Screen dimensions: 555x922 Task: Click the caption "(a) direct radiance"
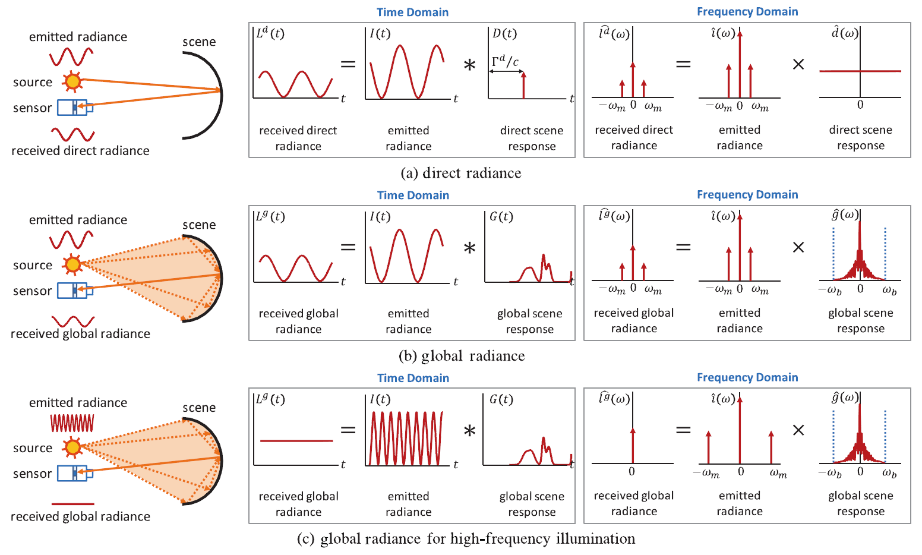tap(461, 173)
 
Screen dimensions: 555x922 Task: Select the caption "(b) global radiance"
tap(462, 356)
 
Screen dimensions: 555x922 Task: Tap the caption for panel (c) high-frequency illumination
tap(466, 539)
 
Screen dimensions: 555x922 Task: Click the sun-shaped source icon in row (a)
tap(72, 81)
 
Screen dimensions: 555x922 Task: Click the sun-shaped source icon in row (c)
tap(72, 447)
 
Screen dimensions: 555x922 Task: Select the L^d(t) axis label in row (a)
tap(270, 33)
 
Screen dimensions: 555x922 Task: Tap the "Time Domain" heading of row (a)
tap(412, 12)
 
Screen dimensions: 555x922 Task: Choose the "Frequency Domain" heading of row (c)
tap(747, 377)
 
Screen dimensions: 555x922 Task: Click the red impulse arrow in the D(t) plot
tap(523, 84)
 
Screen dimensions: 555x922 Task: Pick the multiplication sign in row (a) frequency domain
tap(798, 64)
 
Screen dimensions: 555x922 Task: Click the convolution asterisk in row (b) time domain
tap(469, 248)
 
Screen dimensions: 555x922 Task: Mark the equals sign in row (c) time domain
tap(348, 430)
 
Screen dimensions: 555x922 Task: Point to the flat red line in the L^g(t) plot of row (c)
tap(296, 441)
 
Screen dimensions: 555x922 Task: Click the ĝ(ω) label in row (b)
tap(845, 215)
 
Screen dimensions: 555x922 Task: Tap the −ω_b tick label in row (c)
tap(830, 473)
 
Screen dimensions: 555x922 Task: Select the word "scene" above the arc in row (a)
tap(199, 42)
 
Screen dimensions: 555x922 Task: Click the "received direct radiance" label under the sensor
tap(80, 151)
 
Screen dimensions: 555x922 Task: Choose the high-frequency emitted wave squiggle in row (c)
tap(72, 423)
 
